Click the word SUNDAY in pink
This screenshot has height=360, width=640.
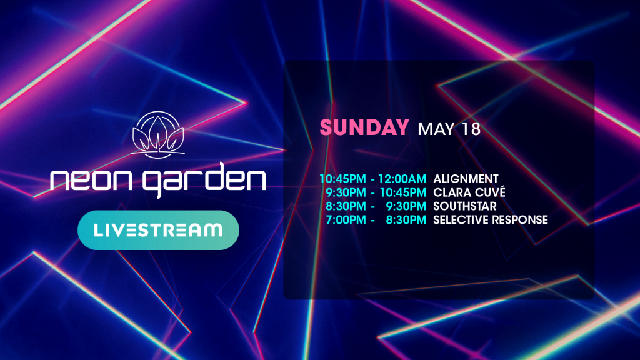pyautogui.click(x=364, y=127)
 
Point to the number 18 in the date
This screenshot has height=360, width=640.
pyautogui.click(x=471, y=129)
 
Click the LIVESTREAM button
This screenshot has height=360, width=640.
pyautogui.click(x=158, y=230)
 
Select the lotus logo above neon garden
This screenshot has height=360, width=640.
pyautogui.click(x=158, y=135)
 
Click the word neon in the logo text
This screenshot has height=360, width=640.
pyautogui.click(x=91, y=180)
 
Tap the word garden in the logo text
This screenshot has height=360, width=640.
pyautogui.click(x=204, y=180)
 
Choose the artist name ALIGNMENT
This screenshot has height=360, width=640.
pyautogui.click(x=466, y=179)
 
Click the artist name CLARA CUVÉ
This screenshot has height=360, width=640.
pyautogui.click(x=469, y=192)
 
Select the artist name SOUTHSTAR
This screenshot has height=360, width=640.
pyautogui.click(x=465, y=206)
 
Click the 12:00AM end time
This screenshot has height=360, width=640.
pyautogui.click(x=402, y=179)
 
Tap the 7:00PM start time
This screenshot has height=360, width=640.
pyautogui.click(x=346, y=220)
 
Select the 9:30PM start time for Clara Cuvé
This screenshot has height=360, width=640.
pyautogui.click(x=346, y=192)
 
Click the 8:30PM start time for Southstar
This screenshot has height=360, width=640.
pyautogui.click(x=346, y=206)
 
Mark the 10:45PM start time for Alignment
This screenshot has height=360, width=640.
pyautogui.click(x=343, y=179)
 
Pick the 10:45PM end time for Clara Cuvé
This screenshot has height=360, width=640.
pyautogui.click(x=403, y=192)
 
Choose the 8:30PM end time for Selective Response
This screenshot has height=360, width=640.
pyautogui.click(x=406, y=220)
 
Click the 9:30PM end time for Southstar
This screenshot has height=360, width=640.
pyautogui.click(x=406, y=206)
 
